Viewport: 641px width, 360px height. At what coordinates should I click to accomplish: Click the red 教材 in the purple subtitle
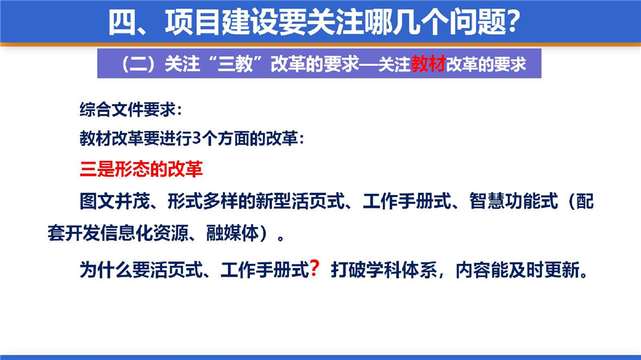tap(428, 64)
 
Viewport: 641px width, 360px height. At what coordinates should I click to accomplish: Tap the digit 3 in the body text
tap(197, 139)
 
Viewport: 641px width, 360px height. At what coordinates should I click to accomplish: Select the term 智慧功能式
tap(513, 202)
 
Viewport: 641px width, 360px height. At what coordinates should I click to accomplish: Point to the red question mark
tap(314, 268)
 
